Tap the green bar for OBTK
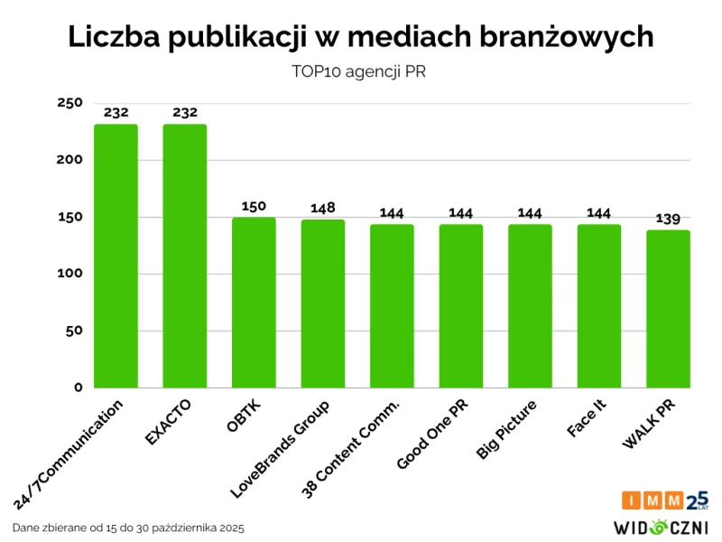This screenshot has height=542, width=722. [254, 303]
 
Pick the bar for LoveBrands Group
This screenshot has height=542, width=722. [322, 304]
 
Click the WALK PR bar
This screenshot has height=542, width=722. [668, 309]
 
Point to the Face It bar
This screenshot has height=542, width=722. [599, 306]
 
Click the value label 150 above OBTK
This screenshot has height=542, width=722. [254, 206]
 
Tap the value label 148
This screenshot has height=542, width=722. [322, 208]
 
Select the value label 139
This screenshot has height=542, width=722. [668, 219]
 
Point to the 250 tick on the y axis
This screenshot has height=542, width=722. [69, 103]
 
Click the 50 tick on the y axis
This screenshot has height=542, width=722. [73, 331]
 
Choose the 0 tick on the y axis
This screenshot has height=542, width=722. [78, 388]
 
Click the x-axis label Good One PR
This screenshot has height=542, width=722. [432, 435]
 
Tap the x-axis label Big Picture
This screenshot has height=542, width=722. [506, 430]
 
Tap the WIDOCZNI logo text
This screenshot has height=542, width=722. [661, 526]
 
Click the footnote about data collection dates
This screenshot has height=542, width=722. [129, 527]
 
